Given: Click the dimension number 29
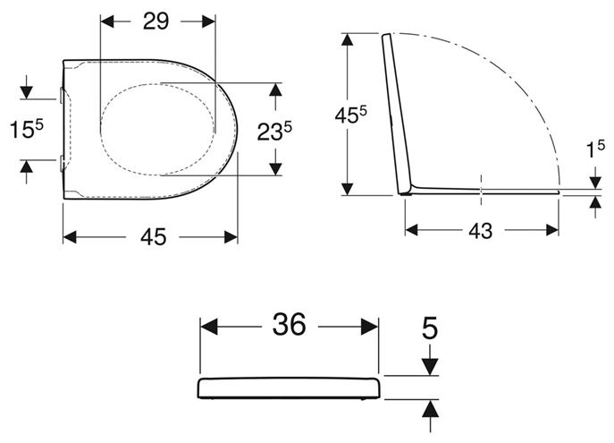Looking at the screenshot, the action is click(156, 21).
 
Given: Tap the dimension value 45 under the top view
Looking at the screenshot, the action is click(154, 237).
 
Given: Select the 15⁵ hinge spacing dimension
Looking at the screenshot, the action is click(27, 129).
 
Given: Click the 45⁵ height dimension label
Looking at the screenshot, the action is click(351, 115).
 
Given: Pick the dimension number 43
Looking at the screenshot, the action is click(481, 231).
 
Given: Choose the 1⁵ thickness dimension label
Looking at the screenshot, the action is click(595, 149).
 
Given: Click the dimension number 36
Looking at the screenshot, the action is click(289, 325).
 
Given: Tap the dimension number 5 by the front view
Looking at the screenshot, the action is click(430, 328).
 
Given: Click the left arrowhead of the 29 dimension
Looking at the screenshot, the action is click(107, 21).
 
